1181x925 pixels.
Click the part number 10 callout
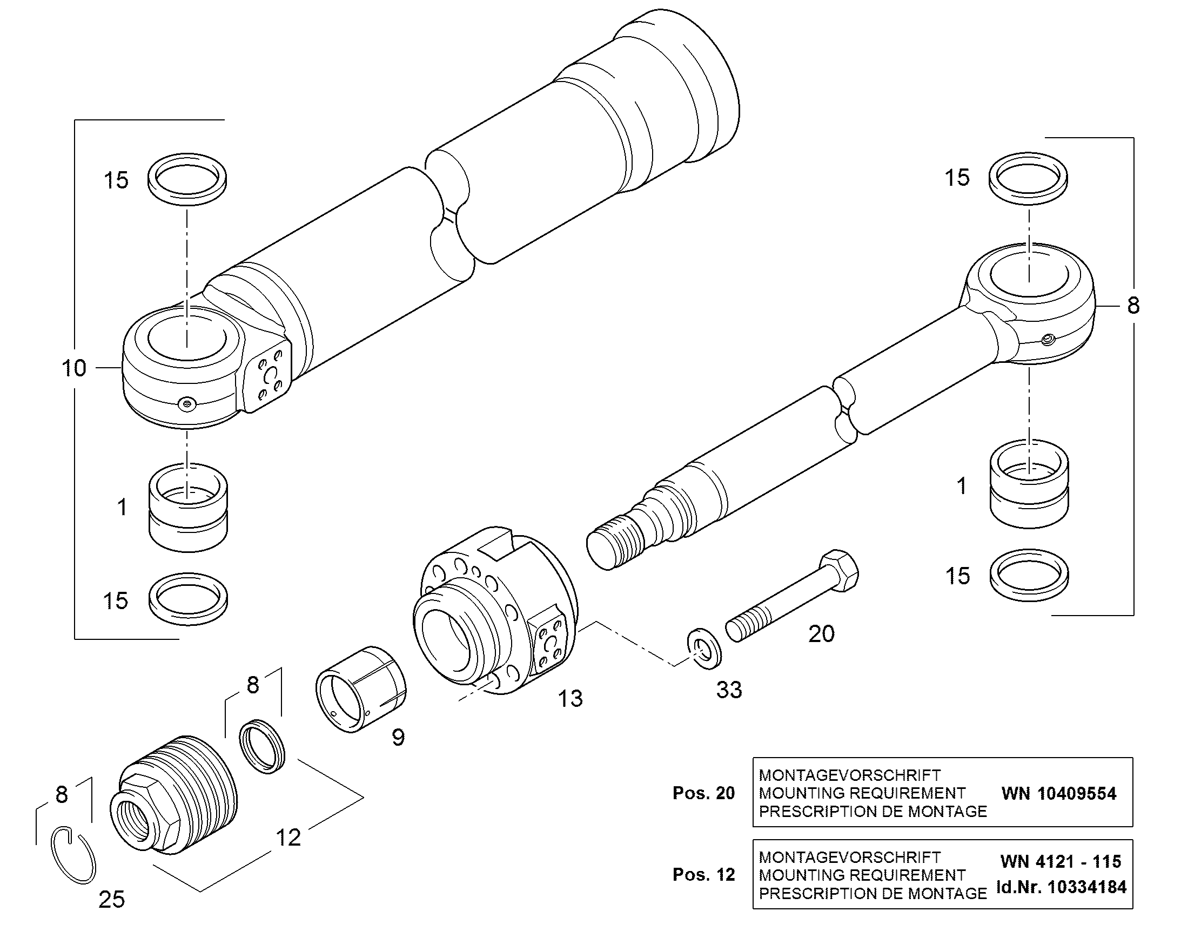(x=74, y=368)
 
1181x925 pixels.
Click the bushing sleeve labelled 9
(x=361, y=690)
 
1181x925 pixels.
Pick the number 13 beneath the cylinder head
(x=571, y=699)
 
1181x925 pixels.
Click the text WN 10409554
(x=1059, y=794)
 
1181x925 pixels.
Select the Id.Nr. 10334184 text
(x=1061, y=887)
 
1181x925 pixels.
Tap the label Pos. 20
(x=704, y=793)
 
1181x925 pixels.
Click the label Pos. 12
(x=704, y=875)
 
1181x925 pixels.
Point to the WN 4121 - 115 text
(x=1061, y=862)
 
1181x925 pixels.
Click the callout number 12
(x=288, y=838)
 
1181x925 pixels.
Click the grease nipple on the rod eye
(x=1048, y=339)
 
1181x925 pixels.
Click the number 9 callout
(x=398, y=737)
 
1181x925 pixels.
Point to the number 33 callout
(x=729, y=690)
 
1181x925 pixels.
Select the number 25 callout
(x=112, y=900)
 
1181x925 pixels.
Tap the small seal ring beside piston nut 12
(x=263, y=747)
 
